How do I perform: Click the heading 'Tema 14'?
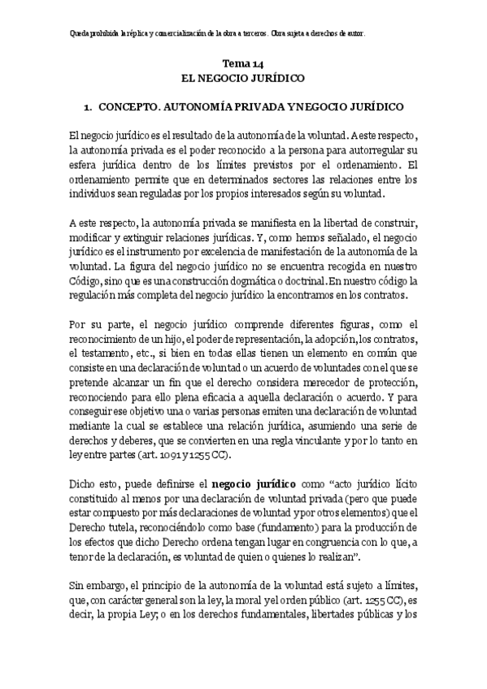point(243,63)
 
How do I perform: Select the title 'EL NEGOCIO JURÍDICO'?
point(243,79)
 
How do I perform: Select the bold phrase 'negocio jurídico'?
point(248,486)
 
